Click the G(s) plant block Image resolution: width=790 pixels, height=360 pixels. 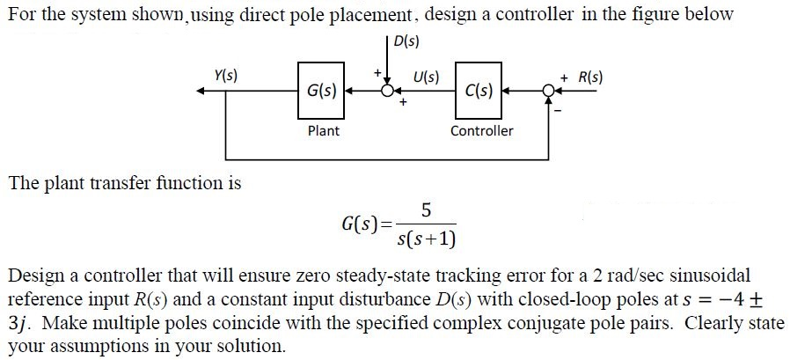tap(322, 90)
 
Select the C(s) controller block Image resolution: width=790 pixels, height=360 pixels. tap(479, 90)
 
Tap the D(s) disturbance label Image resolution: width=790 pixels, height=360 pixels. tap(407, 40)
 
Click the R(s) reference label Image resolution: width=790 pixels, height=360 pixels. tap(590, 77)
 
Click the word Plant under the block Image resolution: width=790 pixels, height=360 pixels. tap(323, 131)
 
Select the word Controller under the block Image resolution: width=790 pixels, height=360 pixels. tap(481, 131)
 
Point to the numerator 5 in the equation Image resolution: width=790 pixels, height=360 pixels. tap(426, 210)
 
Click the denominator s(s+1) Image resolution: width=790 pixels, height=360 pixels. tap(427, 239)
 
